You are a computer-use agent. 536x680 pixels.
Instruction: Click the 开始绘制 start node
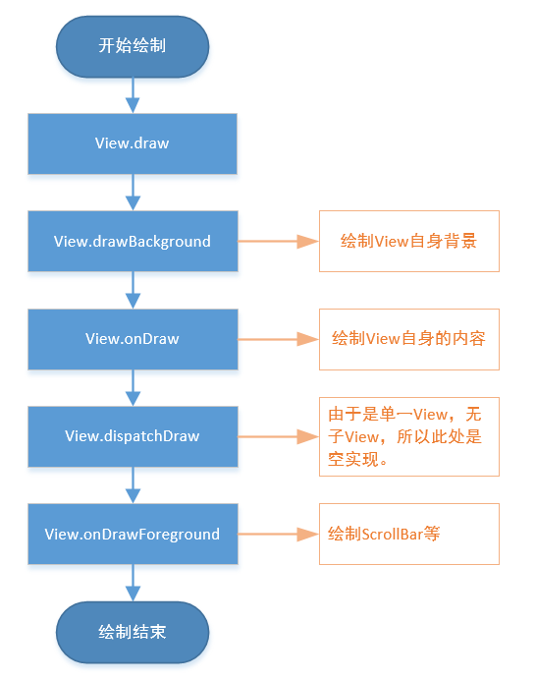(x=132, y=45)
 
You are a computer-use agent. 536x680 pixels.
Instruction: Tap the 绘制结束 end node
(x=132, y=631)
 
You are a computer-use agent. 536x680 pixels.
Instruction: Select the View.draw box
(x=132, y=143)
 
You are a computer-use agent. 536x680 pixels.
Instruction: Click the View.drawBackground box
(x=132, y=241)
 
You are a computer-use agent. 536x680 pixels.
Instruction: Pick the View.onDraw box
(x=132, y=339)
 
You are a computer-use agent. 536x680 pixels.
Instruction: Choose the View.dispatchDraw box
(x=132, y=436)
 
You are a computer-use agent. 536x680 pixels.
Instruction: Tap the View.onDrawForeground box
(x=132, y=535)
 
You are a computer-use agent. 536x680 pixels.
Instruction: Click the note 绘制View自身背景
(x=408, y=241)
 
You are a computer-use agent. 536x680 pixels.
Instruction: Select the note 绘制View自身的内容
(x=408, y=339)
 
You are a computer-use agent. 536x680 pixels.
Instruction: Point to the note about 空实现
(x=408, y=436)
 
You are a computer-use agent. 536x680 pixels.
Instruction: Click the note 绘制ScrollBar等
(x=408, y=535)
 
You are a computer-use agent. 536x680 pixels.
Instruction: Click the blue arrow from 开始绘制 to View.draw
(x=132, y=94)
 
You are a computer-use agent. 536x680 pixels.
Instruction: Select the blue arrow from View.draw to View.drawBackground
(x=132, y=193)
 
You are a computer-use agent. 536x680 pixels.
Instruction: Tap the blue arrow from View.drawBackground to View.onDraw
(x=132, y=290)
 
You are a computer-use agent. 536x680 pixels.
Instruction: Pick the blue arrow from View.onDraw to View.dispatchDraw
(x=132, y=388)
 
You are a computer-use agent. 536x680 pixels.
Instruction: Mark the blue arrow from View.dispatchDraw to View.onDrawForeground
(x=132, y=485)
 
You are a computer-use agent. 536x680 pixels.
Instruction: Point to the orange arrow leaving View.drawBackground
(x=278, y=241)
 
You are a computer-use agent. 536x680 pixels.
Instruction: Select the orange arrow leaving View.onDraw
(x=278, y=339)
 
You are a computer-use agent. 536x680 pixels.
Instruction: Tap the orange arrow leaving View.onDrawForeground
(x=278, y=535)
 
